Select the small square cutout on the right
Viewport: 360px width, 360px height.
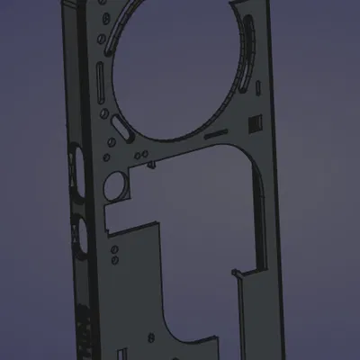255,122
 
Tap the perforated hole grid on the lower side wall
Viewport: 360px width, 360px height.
84,328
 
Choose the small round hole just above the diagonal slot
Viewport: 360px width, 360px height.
107,113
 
